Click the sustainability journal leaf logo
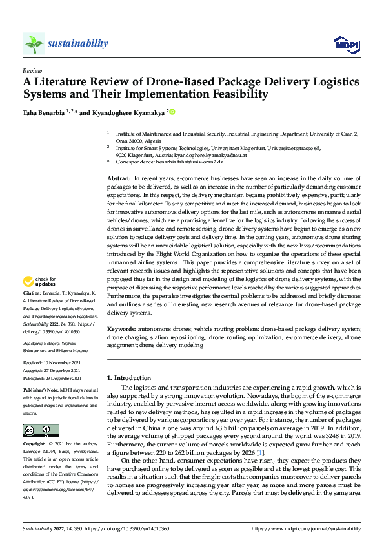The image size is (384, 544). click(x=33, y=43)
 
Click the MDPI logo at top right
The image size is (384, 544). click(x=345, y=44)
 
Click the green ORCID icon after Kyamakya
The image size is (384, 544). click(x=172, y=111)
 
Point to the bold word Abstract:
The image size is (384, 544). click(x=119, y=177)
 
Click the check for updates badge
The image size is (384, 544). click(x=40, y=282)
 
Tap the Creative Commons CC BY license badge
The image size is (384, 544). click(x=41, y=431)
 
